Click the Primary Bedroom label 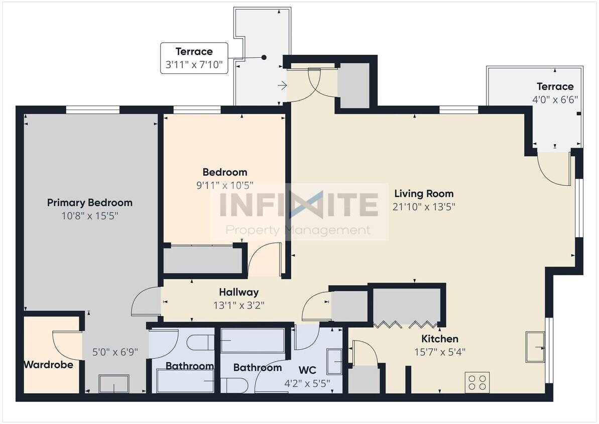90,202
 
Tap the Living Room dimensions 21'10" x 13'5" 424,207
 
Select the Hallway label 239,292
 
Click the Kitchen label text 440,339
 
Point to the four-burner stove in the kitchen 477,382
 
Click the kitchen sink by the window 535,347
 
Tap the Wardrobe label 49,365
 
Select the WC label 307,370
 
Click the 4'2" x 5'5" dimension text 307,383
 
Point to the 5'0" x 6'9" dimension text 115,352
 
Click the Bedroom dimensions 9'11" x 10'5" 224,185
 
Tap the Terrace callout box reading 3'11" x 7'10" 194,58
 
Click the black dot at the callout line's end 264,57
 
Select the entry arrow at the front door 282,85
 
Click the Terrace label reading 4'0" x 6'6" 555,93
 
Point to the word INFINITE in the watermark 299,205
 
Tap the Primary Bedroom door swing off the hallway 145,301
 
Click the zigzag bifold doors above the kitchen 405,325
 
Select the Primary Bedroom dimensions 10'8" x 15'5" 90,216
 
